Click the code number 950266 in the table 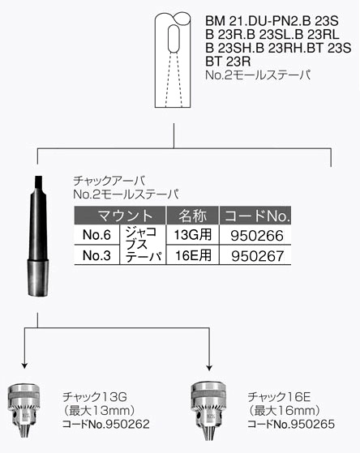click(257, 236)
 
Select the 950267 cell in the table click(257, 256)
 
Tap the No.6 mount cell click(96, 234)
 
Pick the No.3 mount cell click(96, 255)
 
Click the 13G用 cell click(193, 234)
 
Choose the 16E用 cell click(193, 255)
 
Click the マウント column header click(120, 216)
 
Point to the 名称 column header click(193, 216)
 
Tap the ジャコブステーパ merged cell click(143, 245)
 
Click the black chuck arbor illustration click(38, 236)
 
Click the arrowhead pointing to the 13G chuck click(24, 365)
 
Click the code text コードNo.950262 click(106, 424)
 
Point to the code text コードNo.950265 click(291, 424)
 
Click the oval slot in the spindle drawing click(174, 39)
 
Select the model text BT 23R click(228, 62)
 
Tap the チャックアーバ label click(109, 181)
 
